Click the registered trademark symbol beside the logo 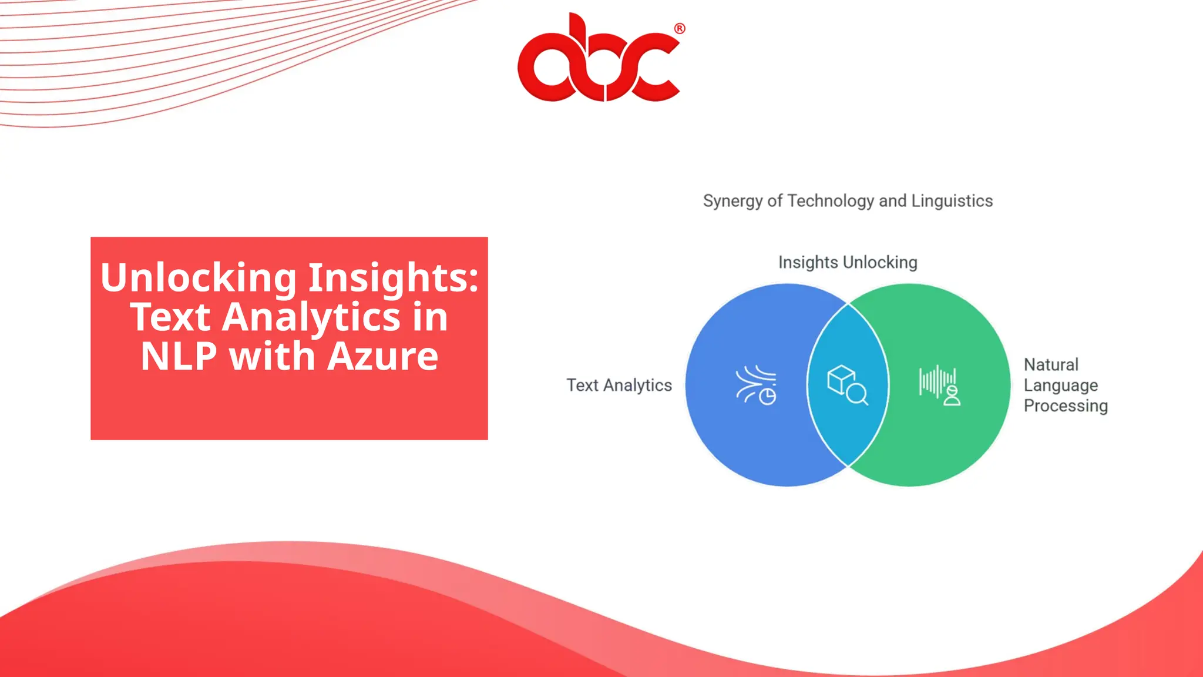[680, 29]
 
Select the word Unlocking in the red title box [199, 277]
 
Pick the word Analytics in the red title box [311, 317]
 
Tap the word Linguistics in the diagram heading [952, 201]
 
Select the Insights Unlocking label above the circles [848, 262]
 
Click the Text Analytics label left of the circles [619, 385]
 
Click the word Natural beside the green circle [1051, 364]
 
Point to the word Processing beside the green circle [1066, 405]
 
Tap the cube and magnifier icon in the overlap [847, 385]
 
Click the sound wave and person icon [940, 385]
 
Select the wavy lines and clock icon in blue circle [756, 385]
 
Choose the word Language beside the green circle [1060, 386]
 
